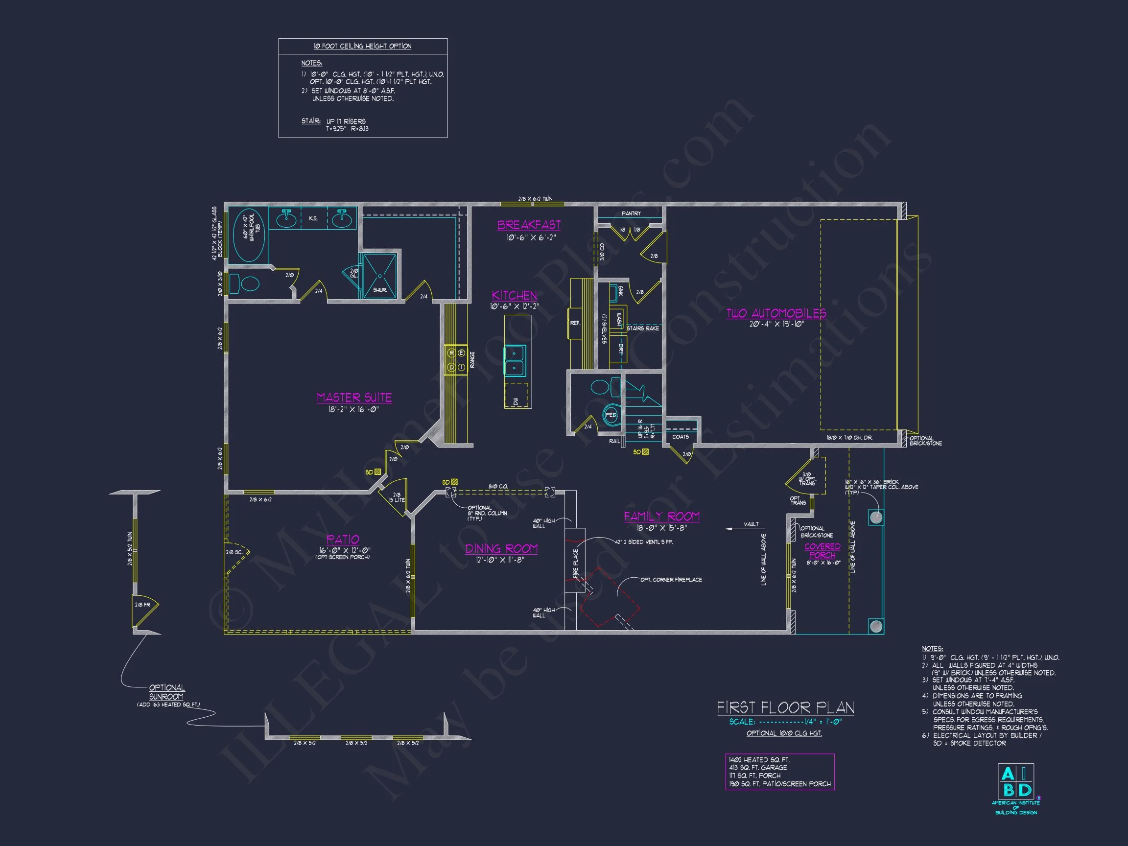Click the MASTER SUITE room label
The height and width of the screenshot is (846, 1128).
354,397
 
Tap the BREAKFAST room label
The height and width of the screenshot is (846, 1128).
529,225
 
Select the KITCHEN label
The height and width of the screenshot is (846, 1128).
514,295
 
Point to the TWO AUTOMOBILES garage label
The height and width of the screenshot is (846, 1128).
775,313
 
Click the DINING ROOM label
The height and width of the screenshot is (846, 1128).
501,549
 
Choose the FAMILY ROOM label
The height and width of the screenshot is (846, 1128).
661,517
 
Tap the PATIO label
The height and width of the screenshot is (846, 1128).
343,539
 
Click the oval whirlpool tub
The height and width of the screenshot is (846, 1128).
248,235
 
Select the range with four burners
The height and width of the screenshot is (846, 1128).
456,360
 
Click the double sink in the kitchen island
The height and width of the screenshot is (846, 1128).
515,360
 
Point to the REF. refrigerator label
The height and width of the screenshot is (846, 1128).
575,323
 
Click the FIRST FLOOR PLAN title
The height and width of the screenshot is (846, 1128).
785,708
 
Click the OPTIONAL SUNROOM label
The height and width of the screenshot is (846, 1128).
167,692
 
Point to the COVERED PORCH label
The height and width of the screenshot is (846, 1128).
822,551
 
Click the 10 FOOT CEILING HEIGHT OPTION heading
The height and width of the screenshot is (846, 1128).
362,47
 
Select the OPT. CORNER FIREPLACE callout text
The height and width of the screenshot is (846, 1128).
671,580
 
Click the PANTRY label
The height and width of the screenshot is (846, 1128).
631,213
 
